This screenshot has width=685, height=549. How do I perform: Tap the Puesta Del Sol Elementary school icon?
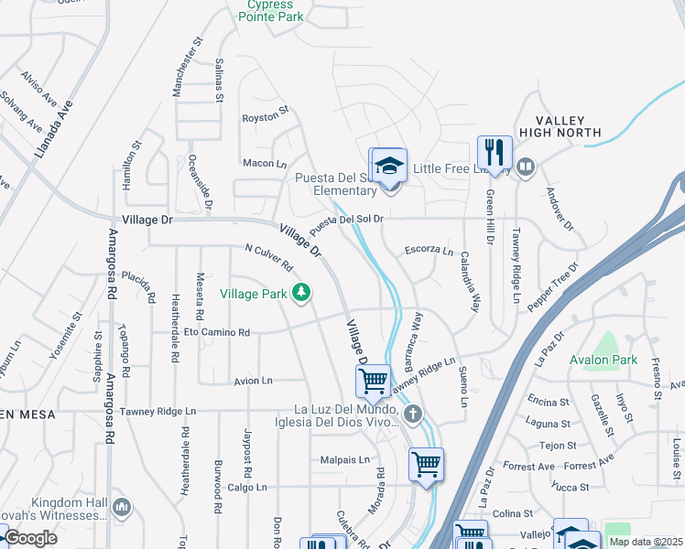pos(389,165)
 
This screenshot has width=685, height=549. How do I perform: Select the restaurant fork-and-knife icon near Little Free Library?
pos(495,152)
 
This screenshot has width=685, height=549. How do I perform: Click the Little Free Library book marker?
pos(526,167)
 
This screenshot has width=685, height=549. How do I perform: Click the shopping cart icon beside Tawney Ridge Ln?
pos(373,380)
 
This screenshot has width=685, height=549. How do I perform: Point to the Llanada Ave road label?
pos(54,129)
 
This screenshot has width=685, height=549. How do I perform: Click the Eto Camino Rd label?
pos(217,332)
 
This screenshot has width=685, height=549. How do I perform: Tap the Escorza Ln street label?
pos(429,250)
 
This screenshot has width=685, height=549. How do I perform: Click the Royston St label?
pos(265,117)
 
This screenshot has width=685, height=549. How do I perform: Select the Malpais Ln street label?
pos(344,459)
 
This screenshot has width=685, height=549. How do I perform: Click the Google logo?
pos(30,538)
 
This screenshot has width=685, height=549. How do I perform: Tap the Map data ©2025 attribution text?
pos(647,542)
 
